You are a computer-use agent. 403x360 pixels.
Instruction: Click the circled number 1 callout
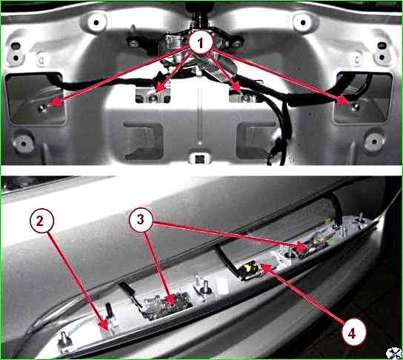[201, 43]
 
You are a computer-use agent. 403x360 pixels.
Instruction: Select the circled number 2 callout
[42, 221]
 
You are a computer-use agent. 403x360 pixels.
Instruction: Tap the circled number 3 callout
[141, 220]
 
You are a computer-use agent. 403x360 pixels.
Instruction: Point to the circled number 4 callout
[353, 333]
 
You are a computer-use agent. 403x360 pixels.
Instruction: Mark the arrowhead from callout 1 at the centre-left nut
[160, 88]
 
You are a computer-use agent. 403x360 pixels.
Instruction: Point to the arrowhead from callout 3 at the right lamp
[302, 246]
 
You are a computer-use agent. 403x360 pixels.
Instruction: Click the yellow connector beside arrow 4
[250, 269]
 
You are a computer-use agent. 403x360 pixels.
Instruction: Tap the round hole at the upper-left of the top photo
[96, 23]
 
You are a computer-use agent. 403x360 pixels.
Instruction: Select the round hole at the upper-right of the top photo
[303, 23]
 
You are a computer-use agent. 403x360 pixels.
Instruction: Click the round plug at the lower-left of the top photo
[24, 144]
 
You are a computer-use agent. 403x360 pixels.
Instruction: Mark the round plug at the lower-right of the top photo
[374, 141]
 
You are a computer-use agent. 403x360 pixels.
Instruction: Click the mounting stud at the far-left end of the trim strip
[63, 340]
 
